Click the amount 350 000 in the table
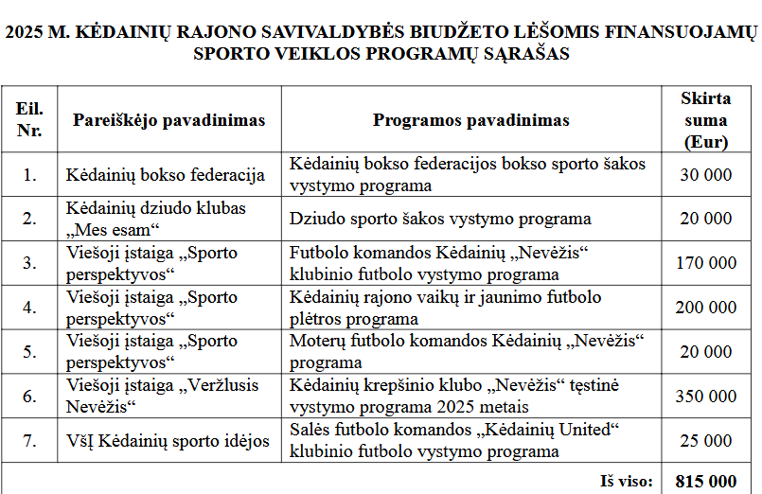(705, 397)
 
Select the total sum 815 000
(705, 481)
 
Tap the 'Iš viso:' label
(627, 481)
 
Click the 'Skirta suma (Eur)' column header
(705, 120)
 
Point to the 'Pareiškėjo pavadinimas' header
(169, 120)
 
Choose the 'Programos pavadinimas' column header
(470, 120)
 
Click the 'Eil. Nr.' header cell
(29, 120)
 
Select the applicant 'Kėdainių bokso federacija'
(164, 175)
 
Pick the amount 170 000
(705, 263)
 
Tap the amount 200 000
(705, 308)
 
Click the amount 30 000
(705, 175)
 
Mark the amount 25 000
(705, 441)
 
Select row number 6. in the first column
(29, 397)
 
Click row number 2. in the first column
(29, 219)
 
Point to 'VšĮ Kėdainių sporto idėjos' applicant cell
(168, 441)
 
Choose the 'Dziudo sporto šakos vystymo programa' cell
(440, 219)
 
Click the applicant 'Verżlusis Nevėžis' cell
(151, 397)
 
